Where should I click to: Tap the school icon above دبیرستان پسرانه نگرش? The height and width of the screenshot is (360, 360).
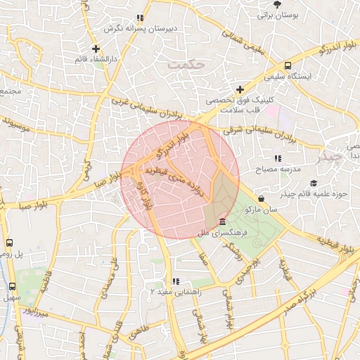pyautogui.click(x=140, y=18)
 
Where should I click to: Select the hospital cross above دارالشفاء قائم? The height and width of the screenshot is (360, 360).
pyautogui.click(x=96, y=49)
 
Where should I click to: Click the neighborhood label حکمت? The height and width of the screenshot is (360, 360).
pyautogui.click(x=186, y=64)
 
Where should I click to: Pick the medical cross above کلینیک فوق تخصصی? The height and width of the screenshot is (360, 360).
pyautogui.click(x=240, y=89)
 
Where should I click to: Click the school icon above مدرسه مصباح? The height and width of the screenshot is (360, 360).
pyautogui.click(x=278, y=158)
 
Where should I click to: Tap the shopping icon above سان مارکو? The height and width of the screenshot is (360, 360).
pyautogui.click(x=262, y=198)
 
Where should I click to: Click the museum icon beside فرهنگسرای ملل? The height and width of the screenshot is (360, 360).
pyautogui.click(x=223, y=221)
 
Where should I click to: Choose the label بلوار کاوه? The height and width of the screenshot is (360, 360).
pyautogui.click(x=149, y=196)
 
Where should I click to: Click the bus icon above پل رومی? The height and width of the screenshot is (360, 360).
pyautogui.click(x=9, y=243)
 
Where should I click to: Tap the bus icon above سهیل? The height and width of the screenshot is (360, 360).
pyautogui.click(x=11, y=287)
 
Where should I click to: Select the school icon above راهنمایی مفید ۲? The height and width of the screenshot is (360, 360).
pyautogui.click(x=175, y=282)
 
